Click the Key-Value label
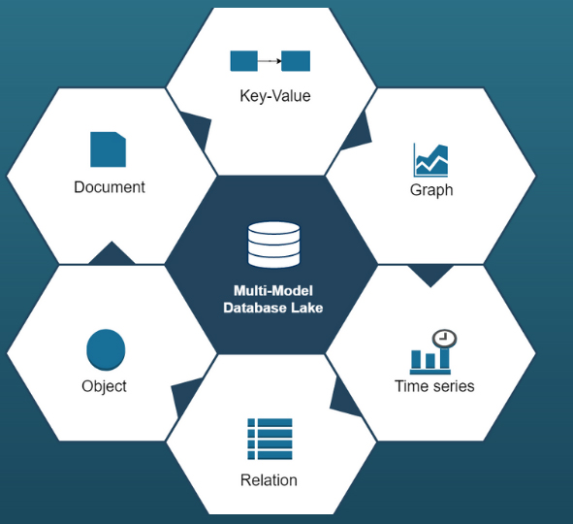275,96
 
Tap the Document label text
110,187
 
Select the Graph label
431,190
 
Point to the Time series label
434,386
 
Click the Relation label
269,480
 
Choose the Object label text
104,387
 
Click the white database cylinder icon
273,245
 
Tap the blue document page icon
109,149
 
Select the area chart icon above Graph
430,160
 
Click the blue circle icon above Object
106,349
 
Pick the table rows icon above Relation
270,439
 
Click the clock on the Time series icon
444,339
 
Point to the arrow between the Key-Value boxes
270,61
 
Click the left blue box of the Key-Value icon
244,61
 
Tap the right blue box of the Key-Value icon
296,61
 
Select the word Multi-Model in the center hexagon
273,291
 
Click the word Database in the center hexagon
255,308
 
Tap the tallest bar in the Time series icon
445,358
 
